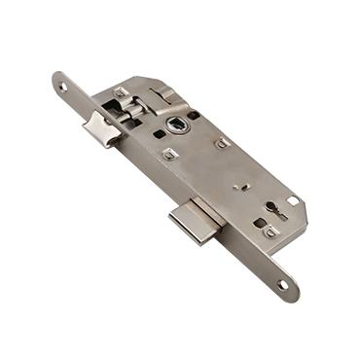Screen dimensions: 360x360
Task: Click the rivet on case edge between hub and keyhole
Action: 223,143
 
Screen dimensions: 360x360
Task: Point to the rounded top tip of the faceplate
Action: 54,78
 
